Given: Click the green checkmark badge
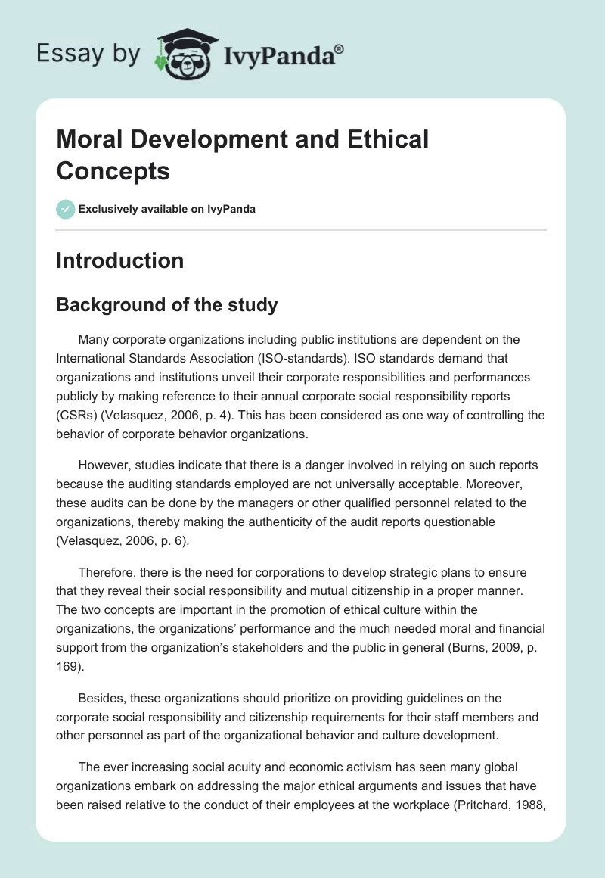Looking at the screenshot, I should point(66,209).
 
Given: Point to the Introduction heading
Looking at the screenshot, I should point(120,260).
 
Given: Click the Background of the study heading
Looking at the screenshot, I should point(167,305).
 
